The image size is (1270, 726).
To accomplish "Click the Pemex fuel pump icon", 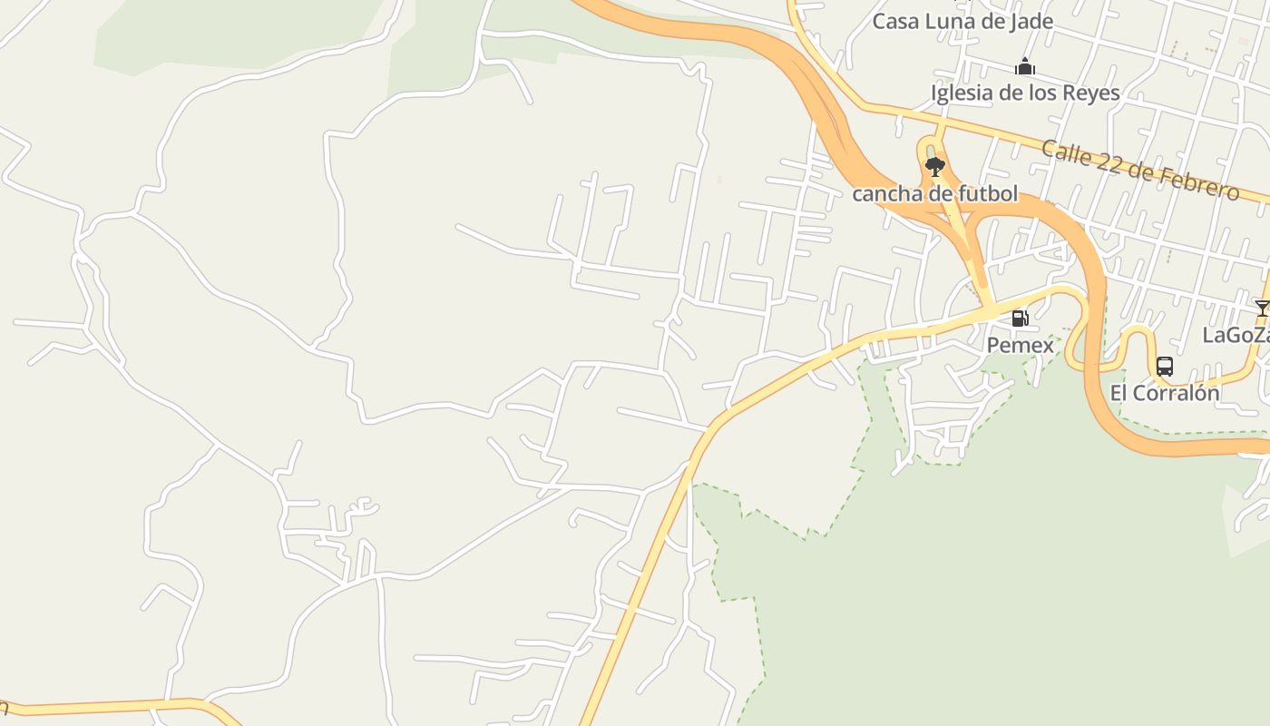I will pyautogui.click(x=1020, y=319).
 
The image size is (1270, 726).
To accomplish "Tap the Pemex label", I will pyautogui.click(x=1021, y=346).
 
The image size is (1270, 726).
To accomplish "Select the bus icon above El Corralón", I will pyautogui.click(x=1165, y=367).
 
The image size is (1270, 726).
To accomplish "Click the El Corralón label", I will pyautogui.click(x=1165, y=394).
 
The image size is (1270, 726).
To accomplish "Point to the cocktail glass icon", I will pyautogui.click(x=1261, y=309).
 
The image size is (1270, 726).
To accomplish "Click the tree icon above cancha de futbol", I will pyautogui.click(x=934, y=167).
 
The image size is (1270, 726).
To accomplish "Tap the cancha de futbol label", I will pyautogui.click(x=934, y=193).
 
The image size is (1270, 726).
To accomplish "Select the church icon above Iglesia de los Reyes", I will pyautogui.click(x=1025, y=66).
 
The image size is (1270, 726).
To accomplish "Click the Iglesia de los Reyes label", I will pyautogui.click(x=1025, y=93).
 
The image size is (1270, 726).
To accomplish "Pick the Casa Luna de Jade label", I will pyautogui.click(x=962, y=22).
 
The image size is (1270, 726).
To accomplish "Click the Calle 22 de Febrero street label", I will pyautogui.click(x=1139, y=170).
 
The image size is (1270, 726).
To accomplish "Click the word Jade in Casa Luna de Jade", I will pyautogui.click(x=1032, y=22).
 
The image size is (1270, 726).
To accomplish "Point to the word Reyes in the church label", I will pyautogui.click(x=1093, y=93).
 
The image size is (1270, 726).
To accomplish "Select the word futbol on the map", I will pyautogui.click(x=986, y=193).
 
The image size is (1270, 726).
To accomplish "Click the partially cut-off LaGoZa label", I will pyautogui.click(x=1236, y=336).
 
